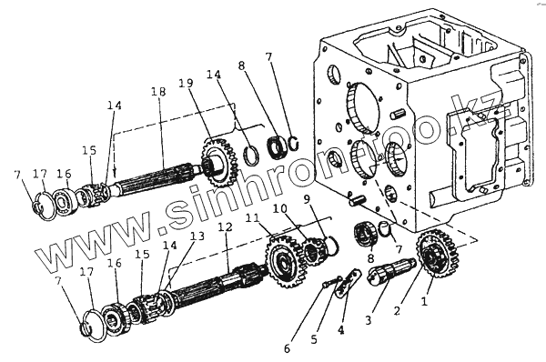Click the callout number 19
[187, 84]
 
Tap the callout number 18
[158, 92]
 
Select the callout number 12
[225, 227]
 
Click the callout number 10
[280, 208]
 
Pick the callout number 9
[307, 199]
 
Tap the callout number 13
[197, 236]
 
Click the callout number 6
[287, 348]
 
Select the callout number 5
[314, 339]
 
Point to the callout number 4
[341, 329]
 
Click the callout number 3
[369, 319]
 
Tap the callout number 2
[397, 310]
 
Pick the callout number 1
[424, 301]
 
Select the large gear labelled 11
[283, 261]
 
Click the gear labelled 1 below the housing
[436, 253]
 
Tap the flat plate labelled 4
[348, 282]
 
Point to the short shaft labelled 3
[391, 270]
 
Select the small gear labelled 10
[313, 251]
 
